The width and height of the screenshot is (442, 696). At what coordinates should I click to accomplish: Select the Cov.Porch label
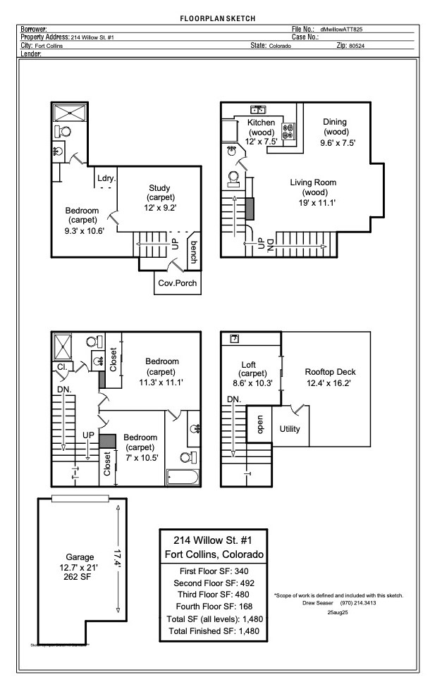pos(178,284)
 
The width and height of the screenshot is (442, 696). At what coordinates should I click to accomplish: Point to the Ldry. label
pos(106,178)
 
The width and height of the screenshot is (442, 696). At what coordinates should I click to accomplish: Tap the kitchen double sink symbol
pos(258,109)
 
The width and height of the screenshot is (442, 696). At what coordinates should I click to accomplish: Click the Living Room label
pos(313,182)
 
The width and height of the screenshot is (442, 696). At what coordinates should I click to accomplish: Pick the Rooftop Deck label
pos(330,372)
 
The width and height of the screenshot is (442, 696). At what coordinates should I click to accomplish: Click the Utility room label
pos(290,428)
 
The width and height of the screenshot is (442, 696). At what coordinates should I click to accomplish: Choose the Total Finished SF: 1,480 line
pos(214,631)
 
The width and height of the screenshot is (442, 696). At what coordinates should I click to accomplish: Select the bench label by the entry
pos(193,252)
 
